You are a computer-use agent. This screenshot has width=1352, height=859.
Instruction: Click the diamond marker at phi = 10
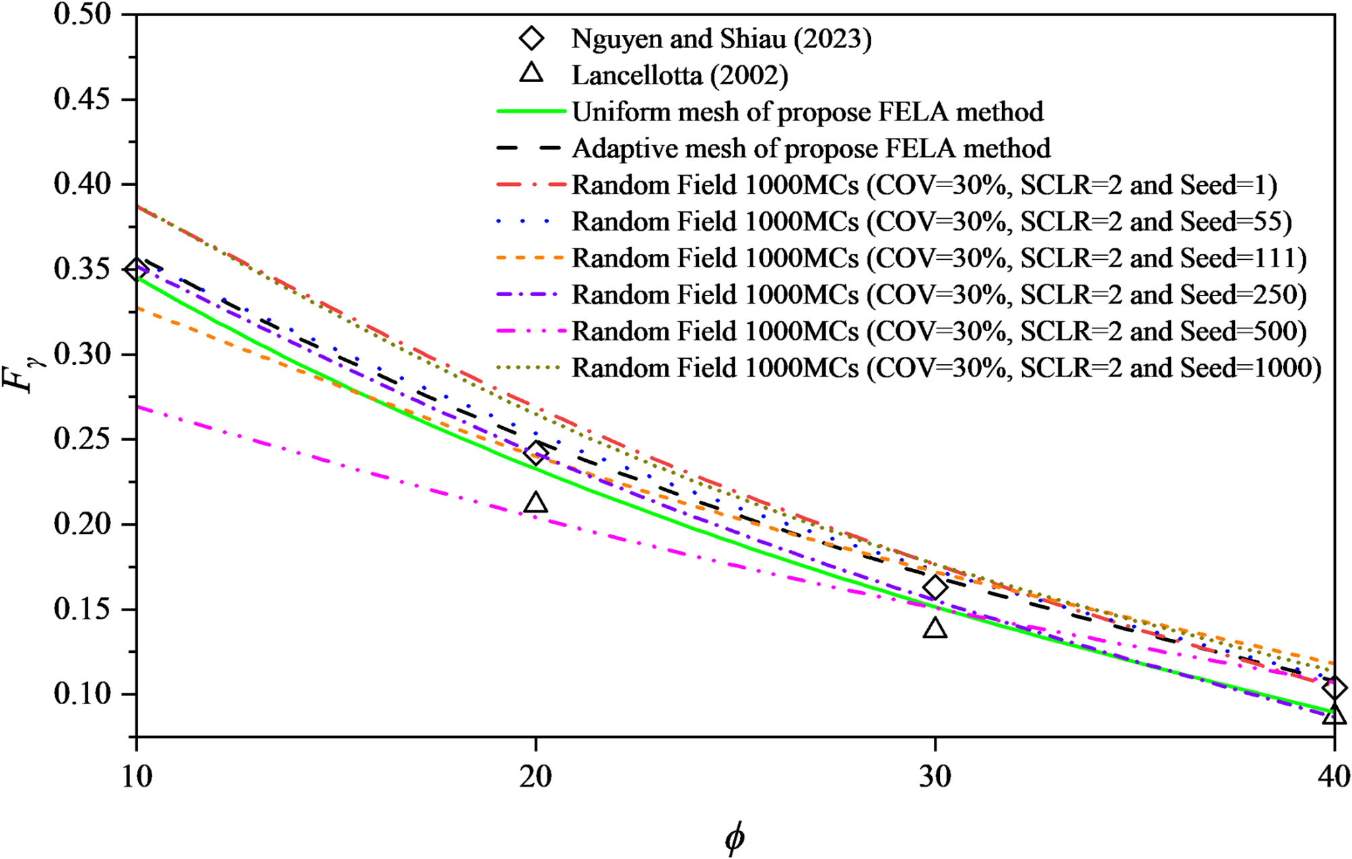point(137,269)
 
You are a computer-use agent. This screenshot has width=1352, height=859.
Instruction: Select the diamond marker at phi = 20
point(536,453)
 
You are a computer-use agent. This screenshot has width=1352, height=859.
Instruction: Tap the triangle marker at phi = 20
point(536,503)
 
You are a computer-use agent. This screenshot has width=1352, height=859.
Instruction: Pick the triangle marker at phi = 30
point(935,629)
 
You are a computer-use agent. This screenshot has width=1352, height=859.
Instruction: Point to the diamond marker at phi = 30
point(935,588)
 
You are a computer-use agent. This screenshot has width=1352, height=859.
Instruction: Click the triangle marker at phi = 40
point(1334,715)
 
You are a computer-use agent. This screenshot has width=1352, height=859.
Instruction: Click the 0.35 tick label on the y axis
point(82,269)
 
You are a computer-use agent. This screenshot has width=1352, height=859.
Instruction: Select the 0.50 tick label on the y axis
point(82,14)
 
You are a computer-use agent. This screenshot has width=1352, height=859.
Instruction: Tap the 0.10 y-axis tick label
point(82,694)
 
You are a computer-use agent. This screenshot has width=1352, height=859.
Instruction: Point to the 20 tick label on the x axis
point(536,777)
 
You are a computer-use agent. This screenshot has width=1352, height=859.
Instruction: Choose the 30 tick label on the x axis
point(935,777)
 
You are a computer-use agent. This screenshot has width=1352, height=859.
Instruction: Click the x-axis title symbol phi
point(735,839)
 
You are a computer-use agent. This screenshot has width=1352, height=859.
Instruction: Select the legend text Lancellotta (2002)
point(680,75)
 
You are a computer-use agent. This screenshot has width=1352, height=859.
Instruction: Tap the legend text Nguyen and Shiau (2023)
point(722,39)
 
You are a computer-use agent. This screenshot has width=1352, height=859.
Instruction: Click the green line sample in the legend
point(531,112)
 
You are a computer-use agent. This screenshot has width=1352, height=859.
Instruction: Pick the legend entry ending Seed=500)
point(939,331)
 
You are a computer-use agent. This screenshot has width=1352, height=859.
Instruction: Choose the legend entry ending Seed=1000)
point(946,368)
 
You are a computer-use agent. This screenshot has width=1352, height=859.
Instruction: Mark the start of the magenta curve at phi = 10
point(138,407)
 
